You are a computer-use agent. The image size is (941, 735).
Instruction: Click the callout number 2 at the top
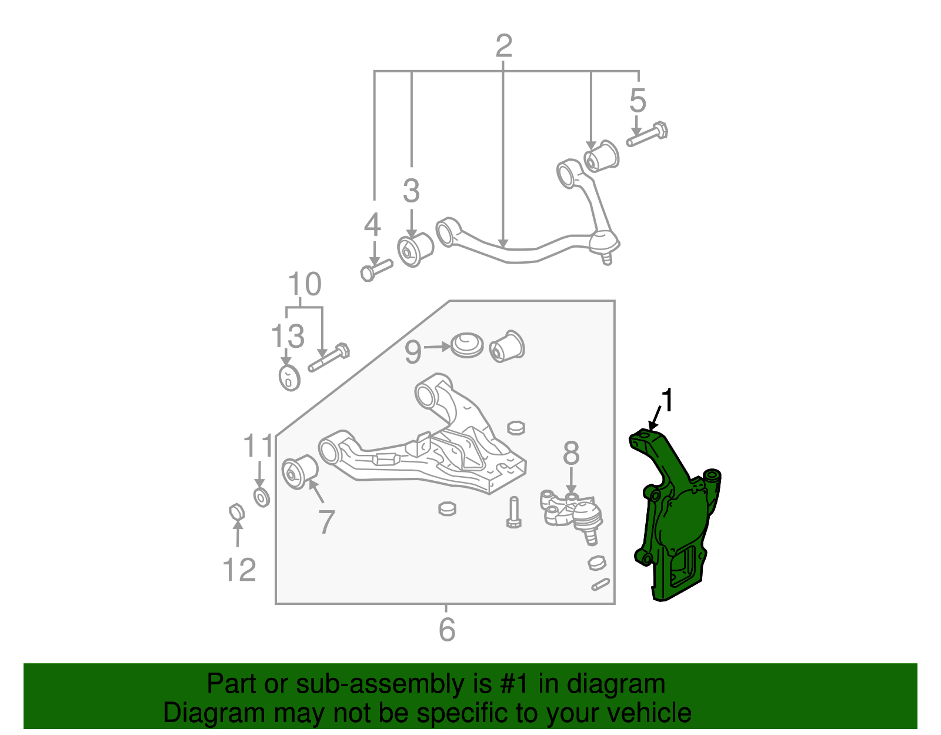[x=503, y=46]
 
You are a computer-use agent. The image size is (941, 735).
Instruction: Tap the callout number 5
[x=638, y=101]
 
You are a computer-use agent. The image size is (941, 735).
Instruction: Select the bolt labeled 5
[x=647, y=134]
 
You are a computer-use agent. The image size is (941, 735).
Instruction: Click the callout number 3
[x=411, y=191]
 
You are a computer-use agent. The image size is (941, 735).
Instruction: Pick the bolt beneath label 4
[x=375, y=270]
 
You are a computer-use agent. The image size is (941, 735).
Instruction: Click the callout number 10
[x=305, y=285]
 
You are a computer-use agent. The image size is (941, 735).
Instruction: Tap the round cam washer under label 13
[x=289, y=377]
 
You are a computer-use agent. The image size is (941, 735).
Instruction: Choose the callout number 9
[x=413, y=351]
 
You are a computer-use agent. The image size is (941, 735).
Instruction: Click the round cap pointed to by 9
[x=467, y=345]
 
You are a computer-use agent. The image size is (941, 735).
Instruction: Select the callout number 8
[x=570, y=454]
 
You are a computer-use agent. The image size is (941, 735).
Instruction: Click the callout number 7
[x=326, y=521]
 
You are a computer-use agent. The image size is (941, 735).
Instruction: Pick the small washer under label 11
[x=261, y=497]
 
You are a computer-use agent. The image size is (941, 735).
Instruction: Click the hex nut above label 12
[x=236, y=512]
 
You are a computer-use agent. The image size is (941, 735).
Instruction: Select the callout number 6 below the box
[x=447, y=630]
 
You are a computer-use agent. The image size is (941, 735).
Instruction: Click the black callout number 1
[x=667, y=401]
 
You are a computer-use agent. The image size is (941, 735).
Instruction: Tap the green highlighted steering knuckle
[x=676, y=518]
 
